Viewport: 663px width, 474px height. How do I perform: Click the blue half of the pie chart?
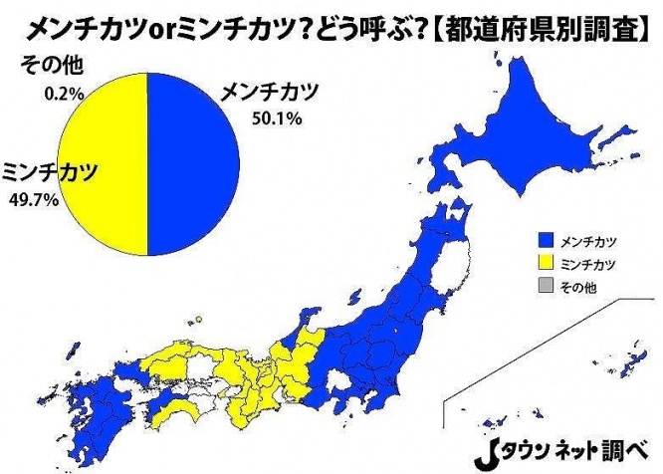point(194,159)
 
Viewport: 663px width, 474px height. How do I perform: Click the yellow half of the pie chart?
point(105,159)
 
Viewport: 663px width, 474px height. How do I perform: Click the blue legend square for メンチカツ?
point(544,241)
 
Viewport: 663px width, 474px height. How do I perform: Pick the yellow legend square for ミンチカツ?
point(544,264)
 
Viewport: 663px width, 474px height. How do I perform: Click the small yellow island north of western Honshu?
point(198,320)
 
